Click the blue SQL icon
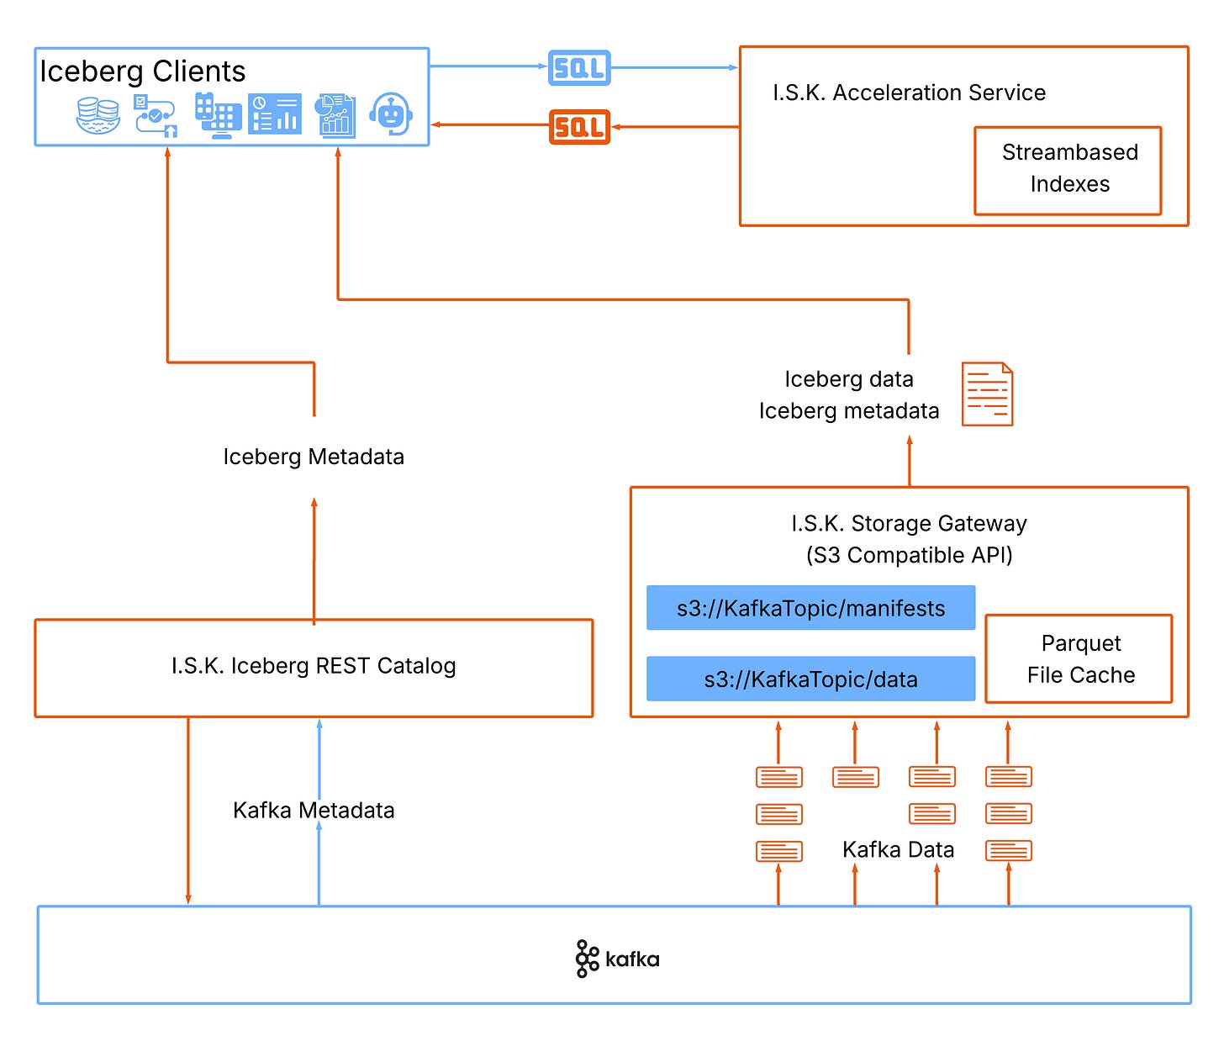579,68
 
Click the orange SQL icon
579,127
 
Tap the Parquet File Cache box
1079,658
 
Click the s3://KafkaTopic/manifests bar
810,608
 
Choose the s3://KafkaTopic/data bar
810,679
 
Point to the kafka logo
617,959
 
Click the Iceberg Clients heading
143,71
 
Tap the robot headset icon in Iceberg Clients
392,114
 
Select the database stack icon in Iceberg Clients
98,115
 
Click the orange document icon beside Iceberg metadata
987,394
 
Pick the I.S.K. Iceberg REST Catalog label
314,666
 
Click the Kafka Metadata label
314,811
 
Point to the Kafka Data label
898,849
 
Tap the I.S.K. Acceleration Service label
909,92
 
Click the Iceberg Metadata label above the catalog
314,457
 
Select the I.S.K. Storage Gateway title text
909,524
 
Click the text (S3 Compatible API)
909,555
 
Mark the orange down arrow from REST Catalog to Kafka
188,811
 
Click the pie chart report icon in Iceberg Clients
335,115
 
